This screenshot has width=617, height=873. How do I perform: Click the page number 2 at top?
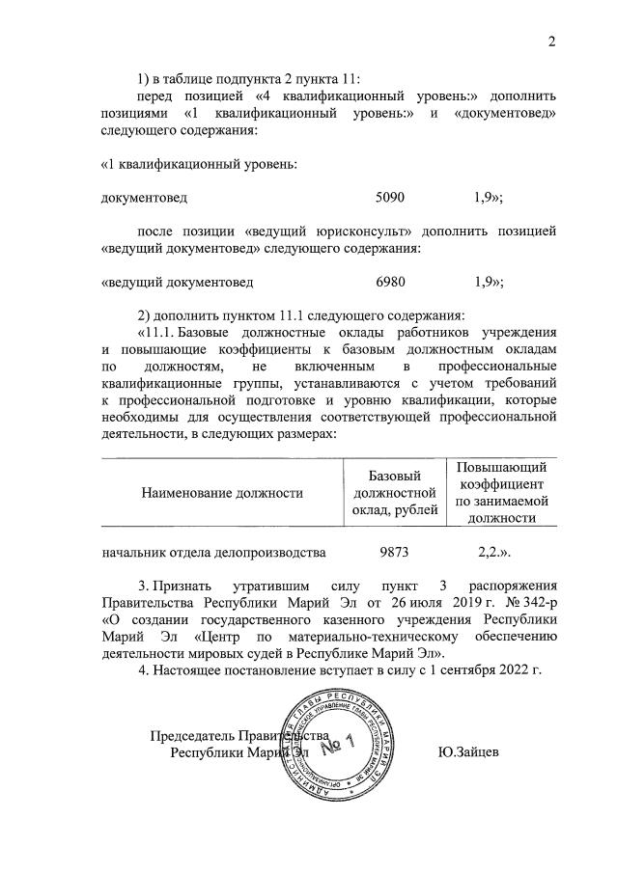(x=551, y=41)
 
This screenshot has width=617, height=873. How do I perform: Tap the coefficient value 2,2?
(x=494, y=553)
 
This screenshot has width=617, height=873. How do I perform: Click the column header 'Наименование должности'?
(x=222, y=493)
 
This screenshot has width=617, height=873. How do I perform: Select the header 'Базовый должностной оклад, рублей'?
(x=396, y=493)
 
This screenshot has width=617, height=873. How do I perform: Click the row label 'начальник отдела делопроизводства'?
(x=213, y=553)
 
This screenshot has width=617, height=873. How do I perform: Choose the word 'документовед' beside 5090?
(x=144, y=197)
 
